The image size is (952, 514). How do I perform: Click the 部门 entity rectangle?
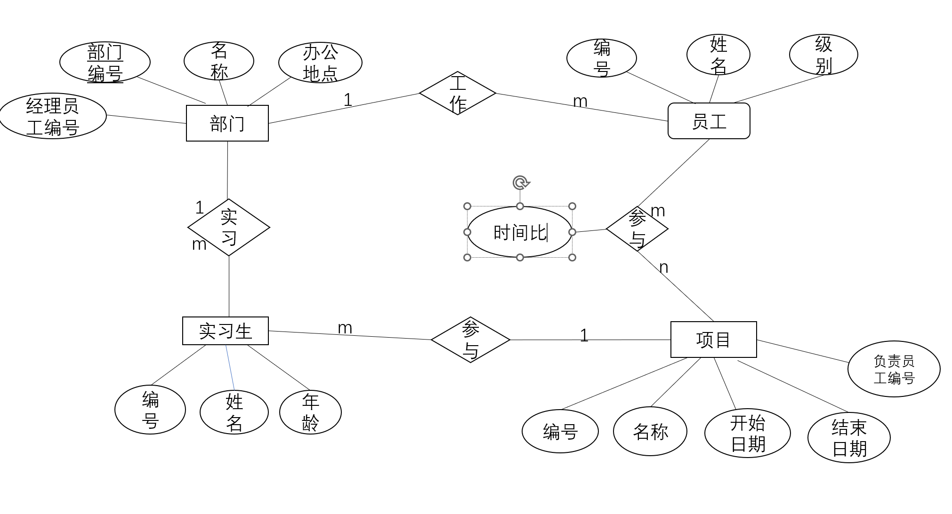coord(227,123)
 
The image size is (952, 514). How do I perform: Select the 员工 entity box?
coord(709,121)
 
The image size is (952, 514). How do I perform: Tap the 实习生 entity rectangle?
coord(225,331)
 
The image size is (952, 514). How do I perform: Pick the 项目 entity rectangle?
coord(713,340)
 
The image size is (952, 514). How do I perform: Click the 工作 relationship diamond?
coord(457,93)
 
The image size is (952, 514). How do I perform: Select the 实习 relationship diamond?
coord(229,228)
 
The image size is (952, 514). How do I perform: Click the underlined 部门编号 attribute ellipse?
coord(105,62)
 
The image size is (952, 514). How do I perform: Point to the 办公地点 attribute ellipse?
coord(320,63)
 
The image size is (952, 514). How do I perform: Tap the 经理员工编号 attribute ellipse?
coord(53,116)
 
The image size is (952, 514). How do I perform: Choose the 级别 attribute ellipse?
coord(823,55)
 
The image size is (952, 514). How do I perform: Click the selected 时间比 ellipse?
coord(519,232)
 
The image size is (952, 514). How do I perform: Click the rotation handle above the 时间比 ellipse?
coord(520,182)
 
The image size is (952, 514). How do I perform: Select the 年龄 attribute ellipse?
coord(310,412)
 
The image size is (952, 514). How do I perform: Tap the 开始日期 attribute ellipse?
coord(747,433)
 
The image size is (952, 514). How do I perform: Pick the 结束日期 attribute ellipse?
coord(849,438)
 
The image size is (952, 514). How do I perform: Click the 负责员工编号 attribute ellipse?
coord(894,369)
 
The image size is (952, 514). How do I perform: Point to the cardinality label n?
coord(663,267)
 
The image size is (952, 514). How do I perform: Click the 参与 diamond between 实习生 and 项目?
coord(470,340)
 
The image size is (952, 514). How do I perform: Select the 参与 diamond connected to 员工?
coord(637,229)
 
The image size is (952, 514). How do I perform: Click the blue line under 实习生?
coord(230,368)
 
